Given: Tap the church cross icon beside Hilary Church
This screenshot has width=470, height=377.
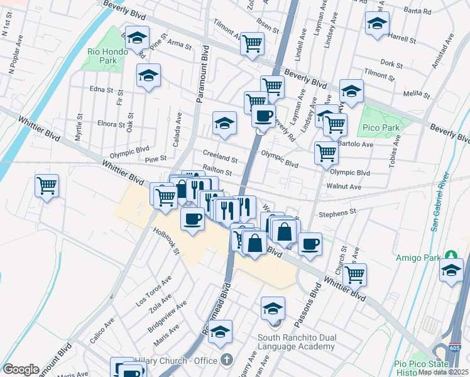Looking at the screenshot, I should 227,360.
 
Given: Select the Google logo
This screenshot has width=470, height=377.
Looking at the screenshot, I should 21,369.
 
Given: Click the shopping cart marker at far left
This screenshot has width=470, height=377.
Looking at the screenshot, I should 46,186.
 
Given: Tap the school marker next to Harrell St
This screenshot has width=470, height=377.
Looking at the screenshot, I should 377,24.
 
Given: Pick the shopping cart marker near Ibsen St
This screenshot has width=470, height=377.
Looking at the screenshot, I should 251,44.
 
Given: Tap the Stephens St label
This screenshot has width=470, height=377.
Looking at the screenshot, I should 337,212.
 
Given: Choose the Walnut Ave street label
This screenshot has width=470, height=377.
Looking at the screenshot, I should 344,187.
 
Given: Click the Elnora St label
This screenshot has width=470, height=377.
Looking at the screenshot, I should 112,124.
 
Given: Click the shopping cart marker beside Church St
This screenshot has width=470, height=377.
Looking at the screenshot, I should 354,274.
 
